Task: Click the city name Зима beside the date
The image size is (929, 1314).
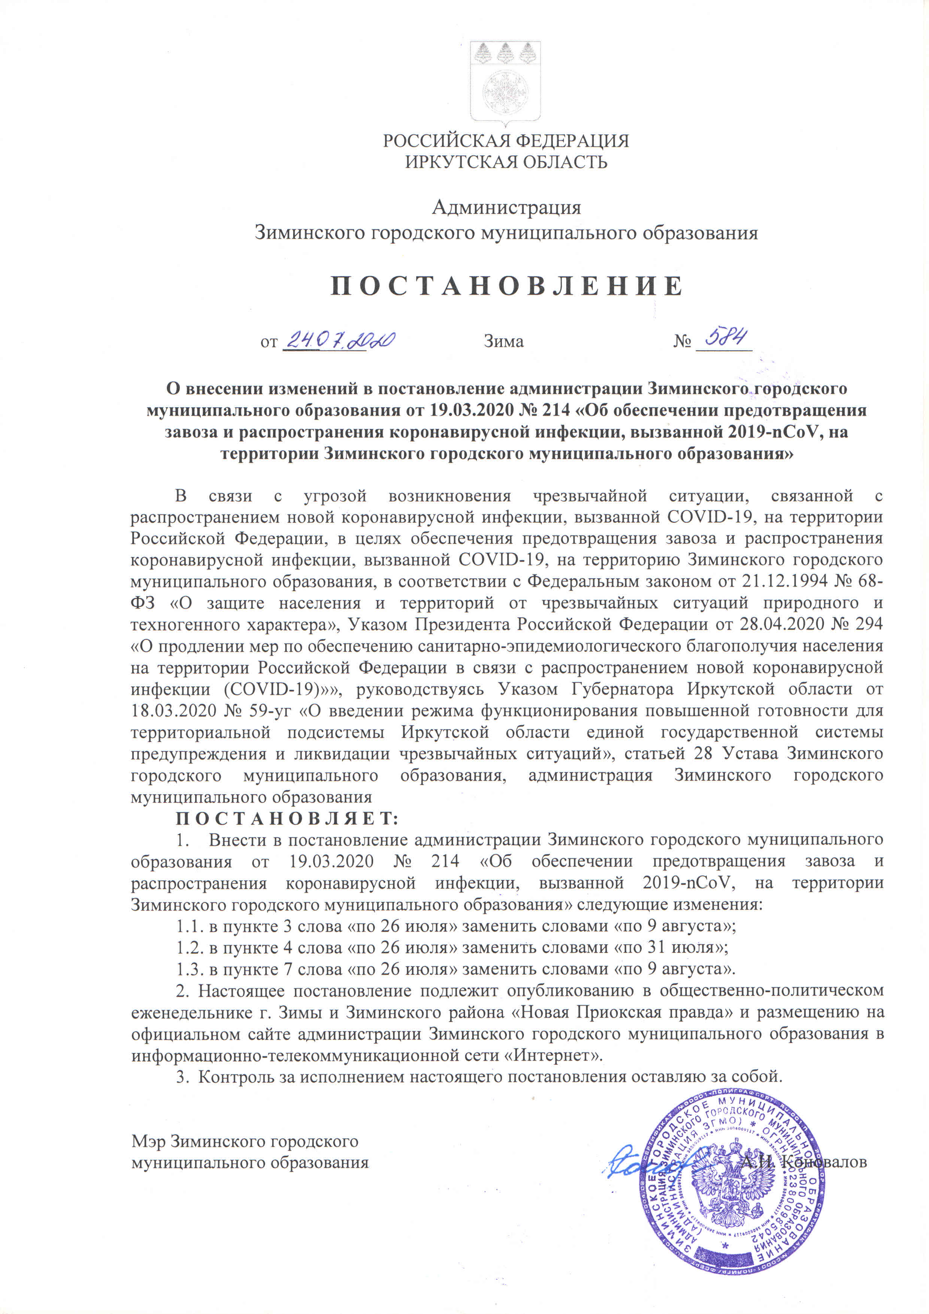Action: coord(503,342)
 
